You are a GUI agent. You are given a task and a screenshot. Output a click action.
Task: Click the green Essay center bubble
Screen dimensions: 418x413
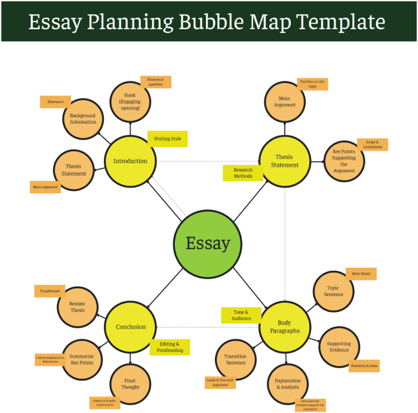tap(207, 243)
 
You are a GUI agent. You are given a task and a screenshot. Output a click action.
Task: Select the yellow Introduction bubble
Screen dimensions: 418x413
tap(130, 161)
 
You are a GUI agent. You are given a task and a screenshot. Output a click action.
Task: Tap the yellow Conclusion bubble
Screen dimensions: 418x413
tap(130, 326)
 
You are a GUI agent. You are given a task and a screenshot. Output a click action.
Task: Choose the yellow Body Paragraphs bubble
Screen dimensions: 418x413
tap(284, 326)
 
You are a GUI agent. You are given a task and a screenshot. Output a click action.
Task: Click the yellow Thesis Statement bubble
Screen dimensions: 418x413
tap(284, 161)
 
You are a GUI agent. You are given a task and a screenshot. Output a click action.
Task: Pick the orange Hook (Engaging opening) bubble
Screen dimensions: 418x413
tap(130, 102)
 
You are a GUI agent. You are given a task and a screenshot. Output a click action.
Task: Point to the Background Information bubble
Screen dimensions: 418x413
tap(83, 118)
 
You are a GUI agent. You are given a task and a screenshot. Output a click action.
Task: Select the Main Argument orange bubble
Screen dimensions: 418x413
tap(284, 102)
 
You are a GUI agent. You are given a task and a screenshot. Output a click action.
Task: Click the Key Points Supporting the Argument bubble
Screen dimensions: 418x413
tap(344, 161)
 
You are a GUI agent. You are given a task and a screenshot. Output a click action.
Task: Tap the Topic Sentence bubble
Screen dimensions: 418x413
tap(334, 291)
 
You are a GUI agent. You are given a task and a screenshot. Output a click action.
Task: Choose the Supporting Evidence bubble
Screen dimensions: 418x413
tap(339, 347)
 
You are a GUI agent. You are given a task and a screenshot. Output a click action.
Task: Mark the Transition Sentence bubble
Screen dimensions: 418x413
tap(235, 359)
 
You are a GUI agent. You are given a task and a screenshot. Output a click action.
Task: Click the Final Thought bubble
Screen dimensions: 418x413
tap(130, 384)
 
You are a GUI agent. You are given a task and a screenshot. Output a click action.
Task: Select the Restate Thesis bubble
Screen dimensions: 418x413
tap(78, 307)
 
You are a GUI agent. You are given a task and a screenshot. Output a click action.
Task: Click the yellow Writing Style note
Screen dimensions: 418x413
tap(168, 139)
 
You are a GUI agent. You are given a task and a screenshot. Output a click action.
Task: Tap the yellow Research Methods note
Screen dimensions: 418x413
tap(243, 173)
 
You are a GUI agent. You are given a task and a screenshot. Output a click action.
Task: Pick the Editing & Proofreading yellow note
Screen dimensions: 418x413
tap(170, 347)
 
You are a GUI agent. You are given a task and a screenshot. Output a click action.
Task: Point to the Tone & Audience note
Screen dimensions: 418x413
tap(241, 315)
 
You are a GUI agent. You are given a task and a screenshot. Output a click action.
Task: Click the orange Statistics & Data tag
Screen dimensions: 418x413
tap(364, 365)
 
